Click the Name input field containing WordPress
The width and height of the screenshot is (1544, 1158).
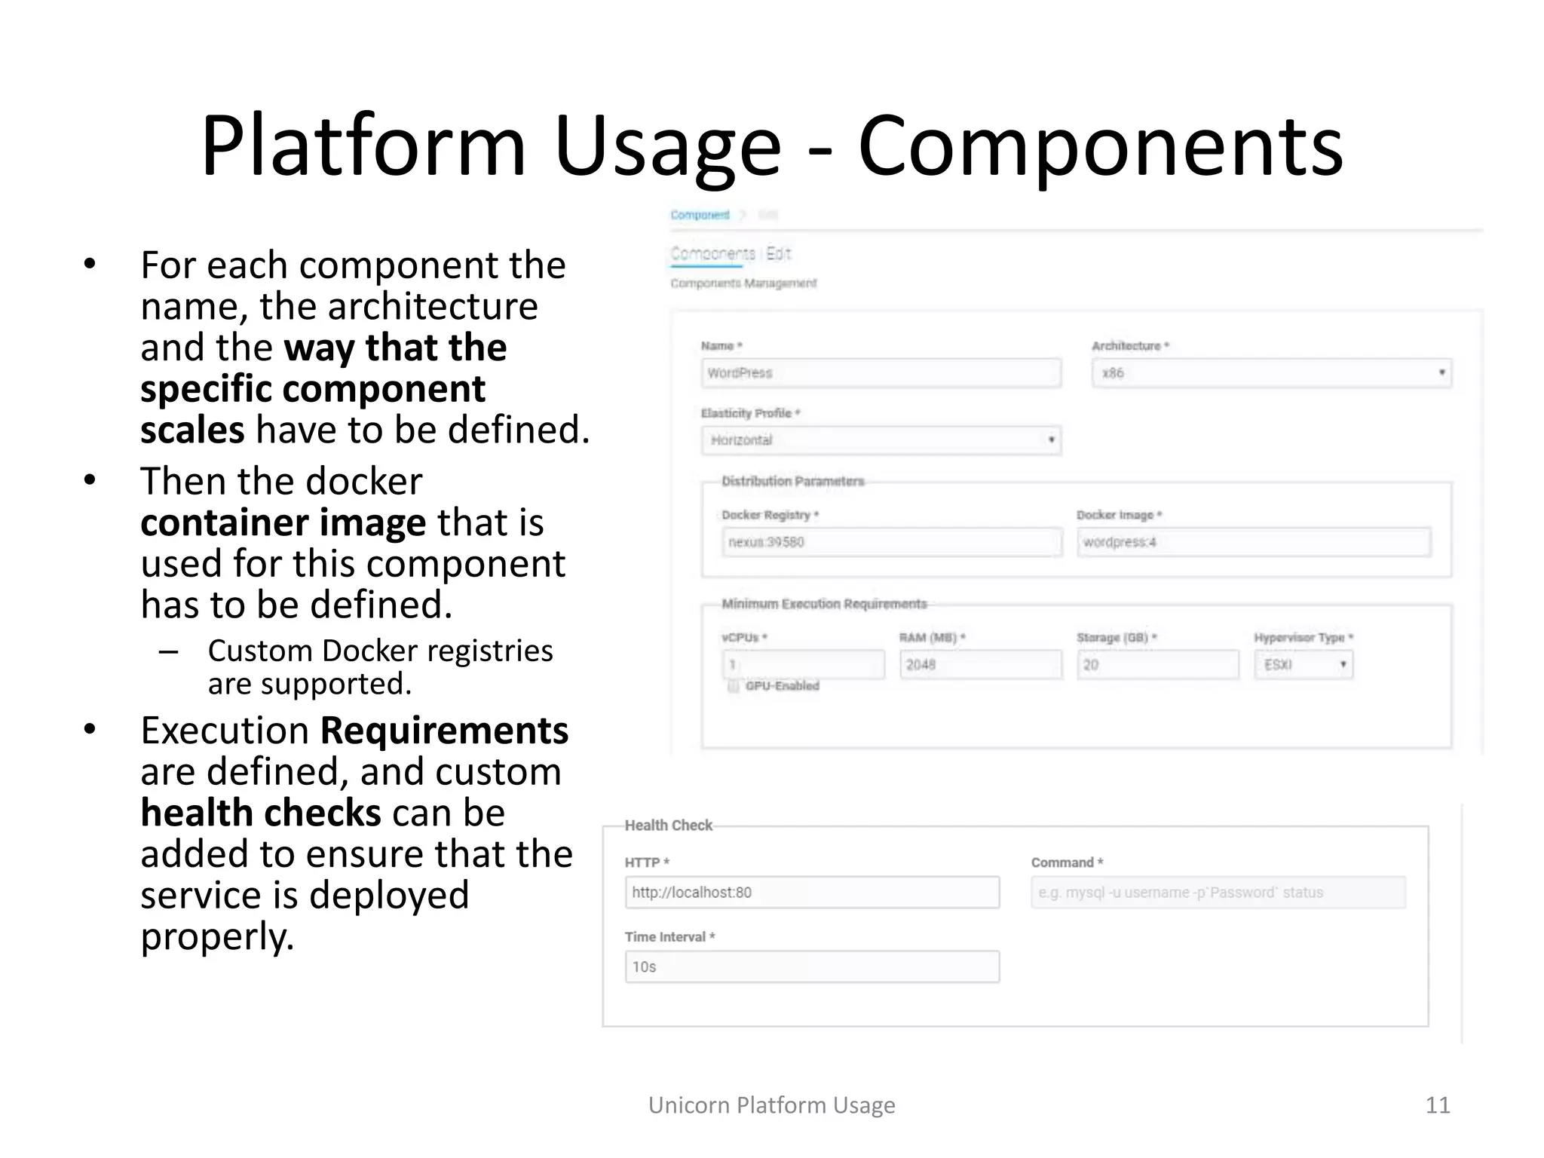[881, 373]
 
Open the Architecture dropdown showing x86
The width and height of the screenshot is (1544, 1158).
[1271, 373]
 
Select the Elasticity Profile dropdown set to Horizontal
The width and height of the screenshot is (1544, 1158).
[881, 440]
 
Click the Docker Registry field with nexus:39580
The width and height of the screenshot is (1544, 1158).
[891, 542]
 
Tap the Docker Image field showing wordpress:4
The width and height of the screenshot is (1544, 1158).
[1253, 542]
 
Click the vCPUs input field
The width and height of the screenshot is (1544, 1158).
[803, 665]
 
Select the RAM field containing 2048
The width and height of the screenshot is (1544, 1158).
[980, 665]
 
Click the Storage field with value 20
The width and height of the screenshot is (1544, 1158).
[1156, 665]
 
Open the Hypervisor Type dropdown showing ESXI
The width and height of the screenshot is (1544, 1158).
[1304, 665]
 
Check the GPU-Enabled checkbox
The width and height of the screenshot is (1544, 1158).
[733, 686]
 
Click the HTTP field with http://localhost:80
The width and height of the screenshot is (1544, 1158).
[812, 893]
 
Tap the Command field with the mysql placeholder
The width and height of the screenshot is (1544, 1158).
[1218, 893]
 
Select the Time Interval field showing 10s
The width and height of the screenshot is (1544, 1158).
[812, 967]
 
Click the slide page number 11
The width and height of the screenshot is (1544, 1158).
[1437, 1105]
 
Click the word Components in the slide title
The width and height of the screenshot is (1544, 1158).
[1100, 146]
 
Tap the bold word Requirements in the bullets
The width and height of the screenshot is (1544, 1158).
[444, 731]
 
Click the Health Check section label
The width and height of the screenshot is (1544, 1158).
[668, 826]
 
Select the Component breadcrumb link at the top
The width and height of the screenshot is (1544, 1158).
[700, 216]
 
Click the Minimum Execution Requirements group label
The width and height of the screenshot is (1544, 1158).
[824, 604]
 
